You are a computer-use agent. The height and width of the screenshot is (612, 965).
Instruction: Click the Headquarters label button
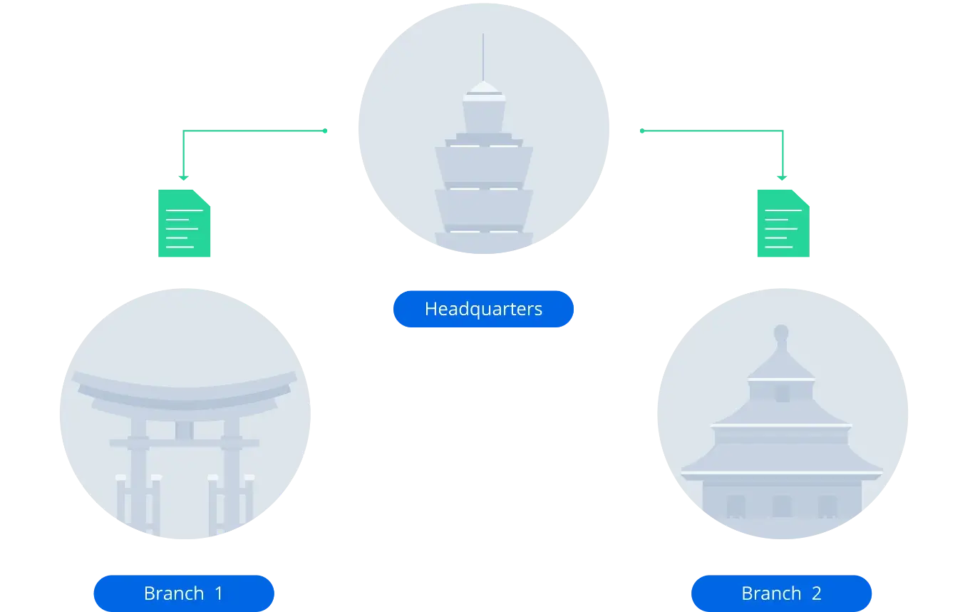[x=483, y=309]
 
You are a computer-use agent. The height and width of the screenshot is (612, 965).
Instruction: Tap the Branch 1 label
[x=184, y=593]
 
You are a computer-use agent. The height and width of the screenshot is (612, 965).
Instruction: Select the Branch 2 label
[x=781, y=593]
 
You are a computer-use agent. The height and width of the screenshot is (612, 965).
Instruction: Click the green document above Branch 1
[x=185, y=223]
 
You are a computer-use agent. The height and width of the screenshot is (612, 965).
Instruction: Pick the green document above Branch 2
[x=783, y=223]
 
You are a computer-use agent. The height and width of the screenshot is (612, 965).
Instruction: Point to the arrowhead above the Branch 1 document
[x=184, y=178]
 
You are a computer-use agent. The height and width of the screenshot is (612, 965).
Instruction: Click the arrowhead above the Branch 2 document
[x=782, y=178]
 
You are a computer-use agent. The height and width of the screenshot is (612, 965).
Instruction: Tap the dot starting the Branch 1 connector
[x=325, y=131]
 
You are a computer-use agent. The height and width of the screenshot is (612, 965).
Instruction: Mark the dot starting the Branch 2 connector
[x=642, y=131]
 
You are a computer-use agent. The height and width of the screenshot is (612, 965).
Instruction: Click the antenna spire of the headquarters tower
[x=483, y=57]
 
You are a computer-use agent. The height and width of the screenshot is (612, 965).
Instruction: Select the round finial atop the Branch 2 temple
[x=781, y=333]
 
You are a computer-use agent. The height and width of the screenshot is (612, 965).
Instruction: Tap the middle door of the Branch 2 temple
[x=781, y=506]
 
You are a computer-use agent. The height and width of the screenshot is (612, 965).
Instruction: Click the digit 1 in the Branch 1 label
[x=219, y=593]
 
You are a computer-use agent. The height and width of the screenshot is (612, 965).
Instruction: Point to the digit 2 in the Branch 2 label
[x=816, y=593]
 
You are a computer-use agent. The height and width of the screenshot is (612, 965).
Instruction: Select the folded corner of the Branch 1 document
[x=202, y=198]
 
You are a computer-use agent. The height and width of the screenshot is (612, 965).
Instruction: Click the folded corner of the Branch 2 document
[x=801, y=198]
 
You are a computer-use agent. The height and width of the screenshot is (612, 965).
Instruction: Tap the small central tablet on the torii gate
[x=185, y=430]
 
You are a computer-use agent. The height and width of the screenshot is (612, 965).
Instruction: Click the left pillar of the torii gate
[x=138, y=474]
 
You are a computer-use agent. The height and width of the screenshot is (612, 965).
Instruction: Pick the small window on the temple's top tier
[x=783, y=394]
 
